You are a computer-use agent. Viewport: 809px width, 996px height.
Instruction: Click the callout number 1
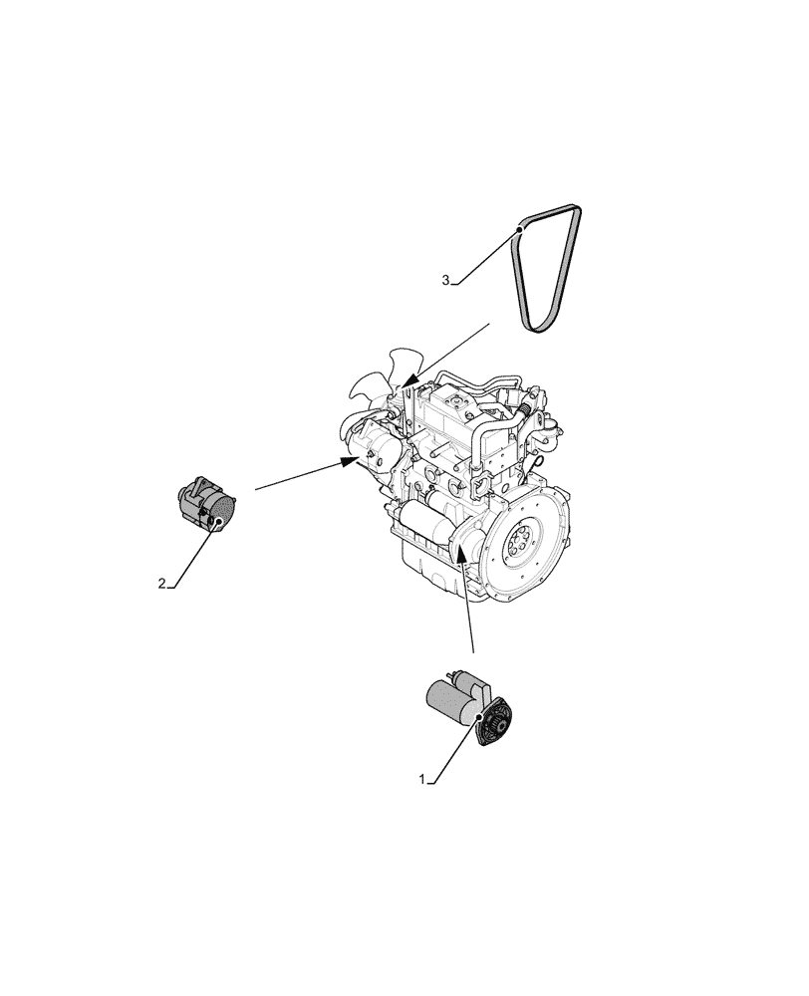tap(423, 778)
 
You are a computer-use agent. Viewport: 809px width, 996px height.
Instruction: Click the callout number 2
tap(161, 584)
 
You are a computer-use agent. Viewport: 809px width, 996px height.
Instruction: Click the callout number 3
tap(446, 280)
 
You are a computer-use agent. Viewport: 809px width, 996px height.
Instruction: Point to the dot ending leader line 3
tap(520, 229)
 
